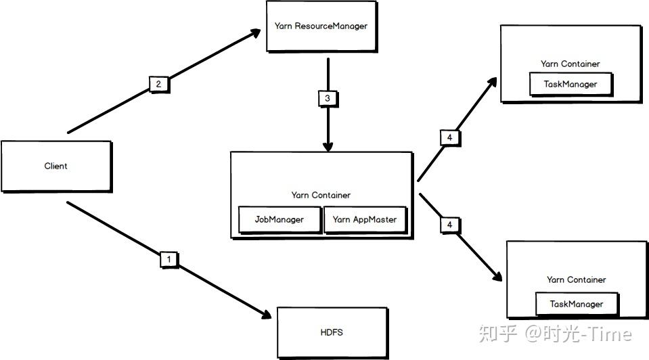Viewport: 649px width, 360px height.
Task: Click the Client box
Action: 55,166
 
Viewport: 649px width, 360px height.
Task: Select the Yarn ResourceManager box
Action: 321,26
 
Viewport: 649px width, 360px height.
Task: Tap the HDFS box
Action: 332,332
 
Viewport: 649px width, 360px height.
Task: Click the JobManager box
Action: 279,220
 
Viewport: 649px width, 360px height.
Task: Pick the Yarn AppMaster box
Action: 365,220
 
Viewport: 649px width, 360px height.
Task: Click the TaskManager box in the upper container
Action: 570,85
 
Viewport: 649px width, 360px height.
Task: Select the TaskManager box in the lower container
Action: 577,304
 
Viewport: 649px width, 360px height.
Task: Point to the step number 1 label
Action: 169,258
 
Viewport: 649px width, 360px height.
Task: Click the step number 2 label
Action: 158,85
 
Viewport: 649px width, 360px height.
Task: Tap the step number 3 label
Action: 328,98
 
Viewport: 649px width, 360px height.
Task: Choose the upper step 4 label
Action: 449,138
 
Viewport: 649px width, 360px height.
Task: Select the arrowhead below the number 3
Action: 328,146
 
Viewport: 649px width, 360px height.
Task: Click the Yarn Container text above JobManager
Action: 321,196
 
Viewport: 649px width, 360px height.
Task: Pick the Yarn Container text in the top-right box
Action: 570,64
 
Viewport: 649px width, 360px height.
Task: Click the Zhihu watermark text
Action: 555,334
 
